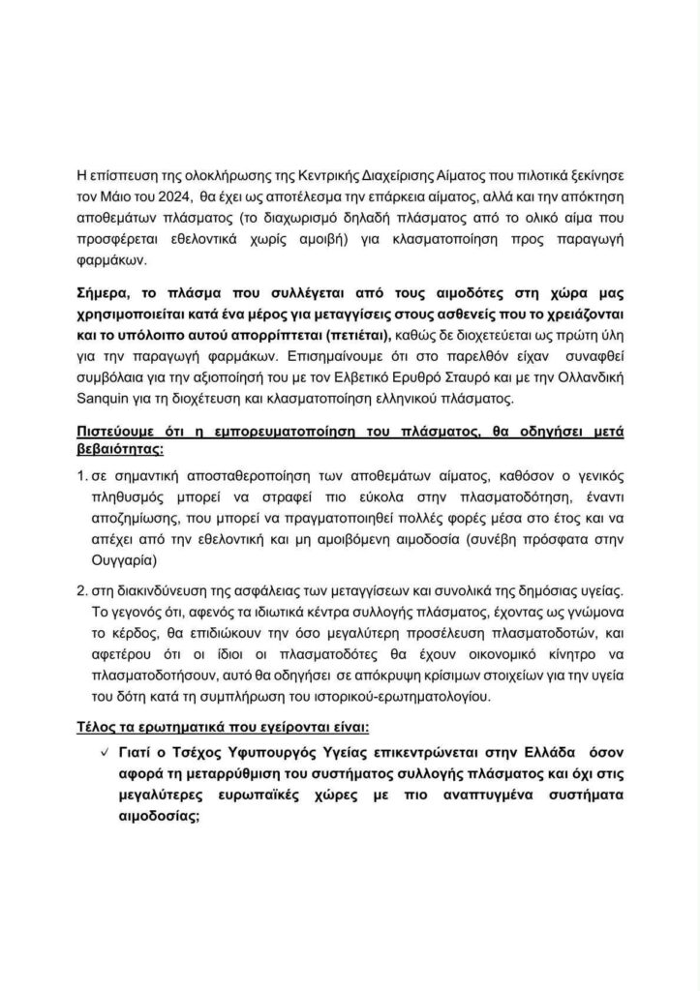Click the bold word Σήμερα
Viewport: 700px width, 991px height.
click(105, 287)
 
